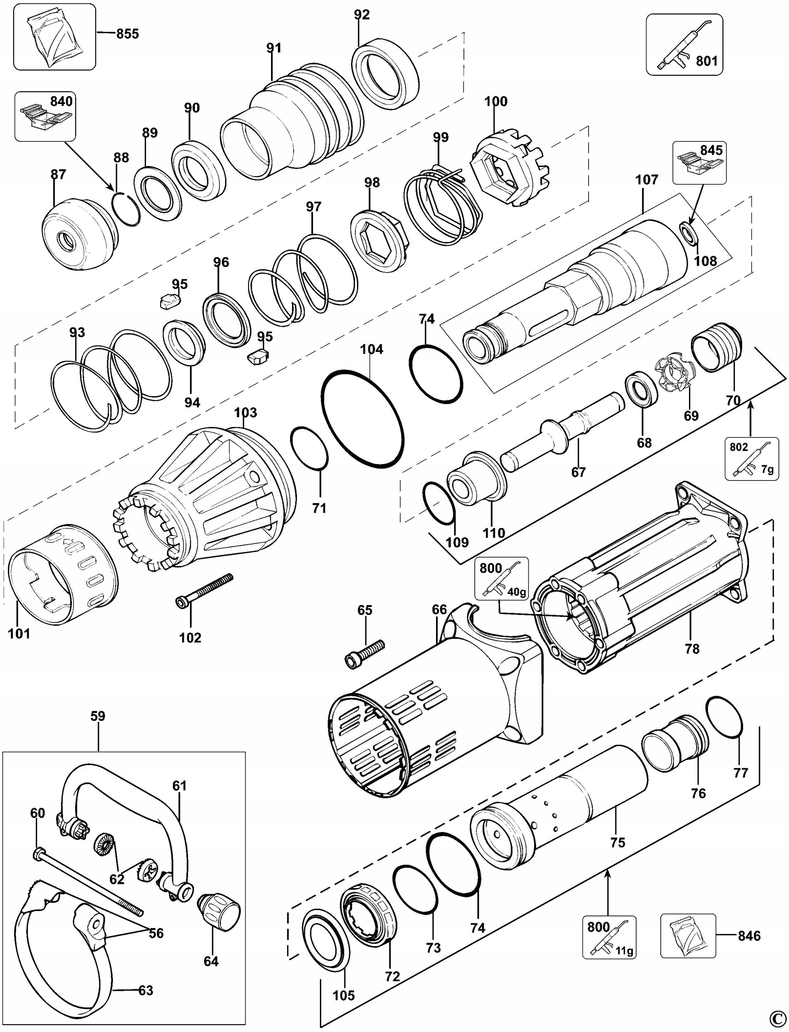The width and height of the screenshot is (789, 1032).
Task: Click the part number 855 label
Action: pyautogui.click(x=127, y=34)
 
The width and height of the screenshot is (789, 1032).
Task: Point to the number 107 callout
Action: pyautogui.click(x=647, y=179)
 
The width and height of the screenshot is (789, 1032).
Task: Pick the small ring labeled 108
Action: pyautogui.click(x=689, y=233)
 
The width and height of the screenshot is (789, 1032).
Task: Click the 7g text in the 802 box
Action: pyautogui.click(x=767, y=469)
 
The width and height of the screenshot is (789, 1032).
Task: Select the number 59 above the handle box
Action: pyautogui.click(x=98, y=716)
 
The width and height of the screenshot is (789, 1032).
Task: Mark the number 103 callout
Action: pyautogui.click(x=246, y=412)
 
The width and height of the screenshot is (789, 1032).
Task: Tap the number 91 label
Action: pyautogui.click(x=273, y=48)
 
